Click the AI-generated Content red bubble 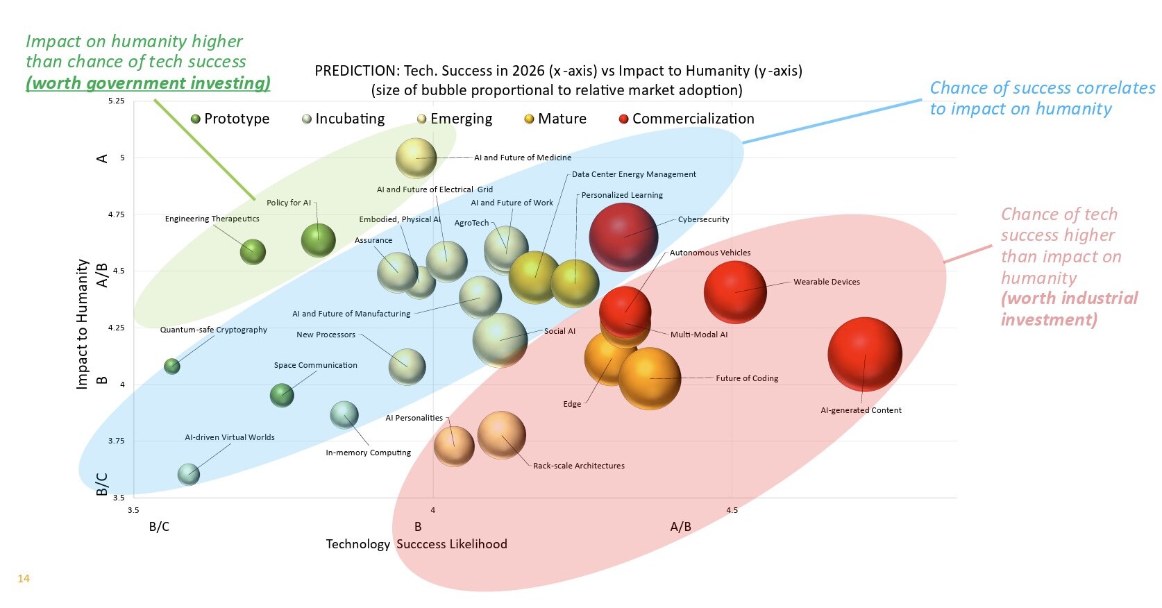(x=864, y=355)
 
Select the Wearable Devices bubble (x=735, y=292)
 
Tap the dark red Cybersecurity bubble (x=623, y=237)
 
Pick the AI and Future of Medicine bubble (x=416, y=158)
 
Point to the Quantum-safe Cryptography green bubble (x=171, y=366)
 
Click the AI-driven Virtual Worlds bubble (x=188, y=474)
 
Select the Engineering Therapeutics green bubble (x=253, y=251)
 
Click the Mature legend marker (x=529, y=119)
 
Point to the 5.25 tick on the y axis (x=117, y=101)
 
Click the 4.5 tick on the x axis (x=732, y=510)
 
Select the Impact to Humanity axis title (x=82, y=323)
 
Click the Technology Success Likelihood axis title (x=416, y=544)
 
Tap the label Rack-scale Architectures (x=578, y=466)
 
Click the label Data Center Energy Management (x=634, y=174)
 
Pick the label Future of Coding (x=747, y=378)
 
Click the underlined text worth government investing (x=148, y=83)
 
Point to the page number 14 (x=24, y=578)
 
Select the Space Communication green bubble (x=282, y=395)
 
